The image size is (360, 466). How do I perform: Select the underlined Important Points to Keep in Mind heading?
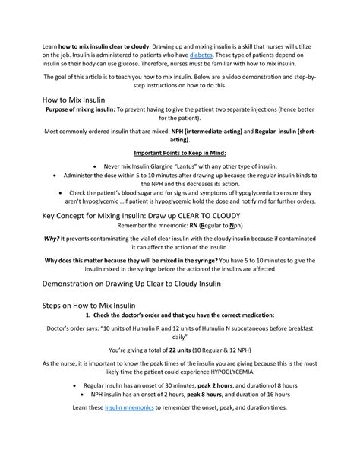pyautogui.click(x=180, y=152)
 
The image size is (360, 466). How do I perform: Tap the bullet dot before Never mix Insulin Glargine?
pyautogui.click(x=93, y=165)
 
